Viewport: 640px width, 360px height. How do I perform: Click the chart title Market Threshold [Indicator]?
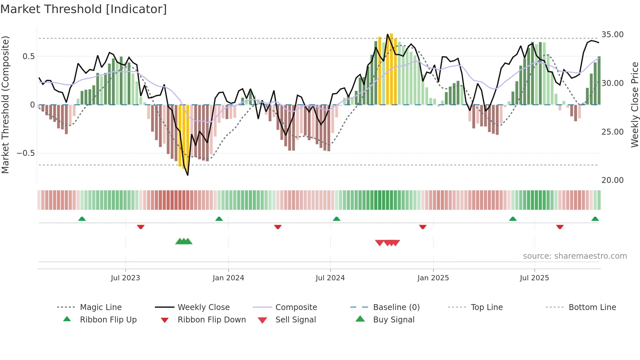(x=84, y=9)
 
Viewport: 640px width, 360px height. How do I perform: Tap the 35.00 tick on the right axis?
(x=612, y=35)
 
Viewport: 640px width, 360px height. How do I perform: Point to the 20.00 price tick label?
(x=612, y=180)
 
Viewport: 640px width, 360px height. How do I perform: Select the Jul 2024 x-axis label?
(x=330, y=278)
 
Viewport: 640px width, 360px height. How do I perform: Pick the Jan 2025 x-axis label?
(x=433, y=278)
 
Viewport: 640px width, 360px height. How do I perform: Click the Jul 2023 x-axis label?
(x=125, y=278)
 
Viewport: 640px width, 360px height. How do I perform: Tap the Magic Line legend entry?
(x=101, y=307)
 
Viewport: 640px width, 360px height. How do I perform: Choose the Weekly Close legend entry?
(x=203, y=307)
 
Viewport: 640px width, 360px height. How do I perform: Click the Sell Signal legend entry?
(x=296, y=320)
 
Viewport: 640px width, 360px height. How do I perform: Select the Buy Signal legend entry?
(x=393, y=320)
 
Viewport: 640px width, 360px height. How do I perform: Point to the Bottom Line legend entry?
(x=592, y=307)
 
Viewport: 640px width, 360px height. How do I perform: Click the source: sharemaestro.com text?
(x=575, y=256)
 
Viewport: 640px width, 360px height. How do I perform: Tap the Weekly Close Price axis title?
(x=634, y=105)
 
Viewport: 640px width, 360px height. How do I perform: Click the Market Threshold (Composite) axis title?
(x=5, y=105)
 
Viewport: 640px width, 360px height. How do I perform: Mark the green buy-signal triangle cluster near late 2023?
(x=184, y=241)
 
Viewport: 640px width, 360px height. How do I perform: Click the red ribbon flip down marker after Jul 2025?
(x=560, y=227)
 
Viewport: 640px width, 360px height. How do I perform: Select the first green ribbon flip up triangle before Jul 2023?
(x=82, y=219)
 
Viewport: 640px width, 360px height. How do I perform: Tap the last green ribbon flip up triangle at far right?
(x=595, y=219)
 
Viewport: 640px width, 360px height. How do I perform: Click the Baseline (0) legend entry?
(x=396, y=307)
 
